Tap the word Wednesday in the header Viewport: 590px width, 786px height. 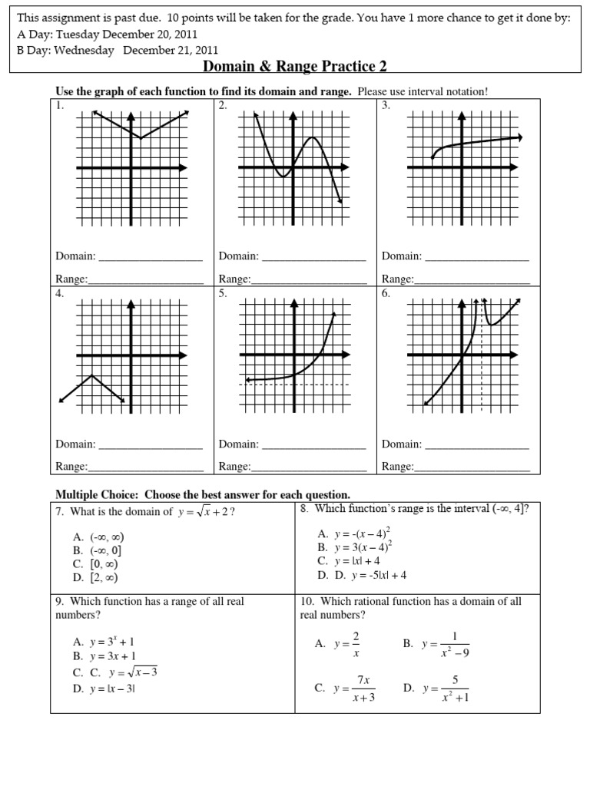pyautogui.click(x=83, y=51)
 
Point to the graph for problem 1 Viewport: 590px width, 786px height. pyautogui.click(x=132, y=168)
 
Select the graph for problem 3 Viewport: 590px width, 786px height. pyautogui.click(x=462, y=168)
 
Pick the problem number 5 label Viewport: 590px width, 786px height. pyautogui.click(x=222, y=294)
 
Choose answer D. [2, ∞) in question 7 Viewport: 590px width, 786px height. pyautogui.click(x=96, y=577)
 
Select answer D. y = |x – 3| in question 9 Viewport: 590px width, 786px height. pyautogui.click(x=104, y=689)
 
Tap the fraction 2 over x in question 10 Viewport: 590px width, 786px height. pyautogui.click(x=356, y=645)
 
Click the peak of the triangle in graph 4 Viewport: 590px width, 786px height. pyautogui.click(x=92, y=375)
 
